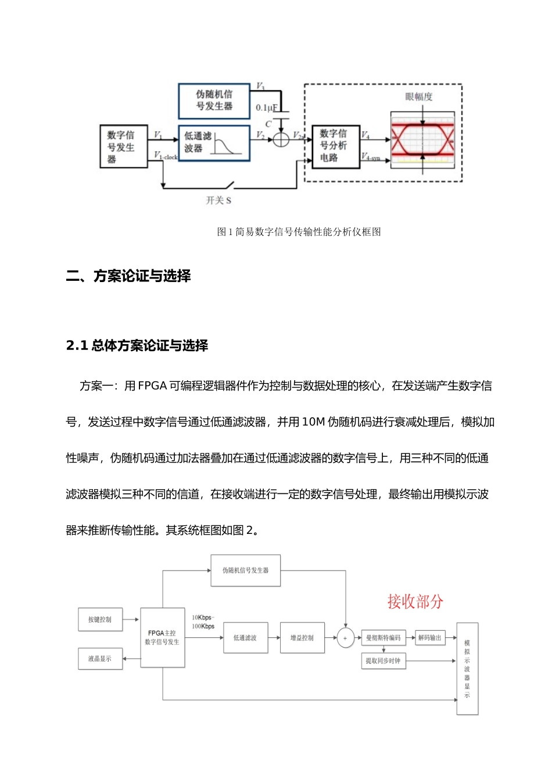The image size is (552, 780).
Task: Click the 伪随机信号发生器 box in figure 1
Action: click(214, 100)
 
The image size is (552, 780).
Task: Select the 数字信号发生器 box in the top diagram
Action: click(123, 147)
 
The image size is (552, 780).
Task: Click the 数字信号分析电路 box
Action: click(335, 146)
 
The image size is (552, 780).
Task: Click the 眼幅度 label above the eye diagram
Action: click(419, 96)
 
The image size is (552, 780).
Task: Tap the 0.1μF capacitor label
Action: click(267, 107)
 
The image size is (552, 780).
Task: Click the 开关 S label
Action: click(218, 200)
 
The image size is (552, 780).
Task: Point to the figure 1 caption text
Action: click(299, 232)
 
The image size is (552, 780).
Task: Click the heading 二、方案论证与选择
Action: click(128, 276)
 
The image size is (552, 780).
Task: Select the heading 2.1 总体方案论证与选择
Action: click(137, 346)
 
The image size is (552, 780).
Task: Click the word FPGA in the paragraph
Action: click(152, 386)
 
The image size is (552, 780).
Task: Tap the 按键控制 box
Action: click(100, 619)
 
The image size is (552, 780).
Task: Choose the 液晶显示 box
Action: click(100, 659)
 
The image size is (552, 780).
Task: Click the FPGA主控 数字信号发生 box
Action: click(162, 637)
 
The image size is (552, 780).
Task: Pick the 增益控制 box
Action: click(302, 638)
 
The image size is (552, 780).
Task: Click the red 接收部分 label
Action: click(415, 601)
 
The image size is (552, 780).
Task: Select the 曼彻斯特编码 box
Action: click(383, 638)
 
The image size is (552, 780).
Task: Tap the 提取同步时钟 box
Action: click(383, 661)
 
